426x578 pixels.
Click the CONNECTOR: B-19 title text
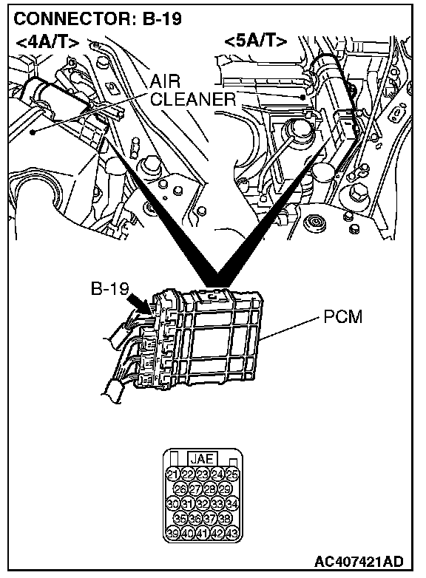[98, 18]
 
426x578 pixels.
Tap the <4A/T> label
[47, 42]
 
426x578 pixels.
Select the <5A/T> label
[256, 41]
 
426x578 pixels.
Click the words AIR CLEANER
[192, 90]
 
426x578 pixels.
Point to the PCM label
[343, 316]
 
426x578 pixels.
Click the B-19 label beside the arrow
[109, 289]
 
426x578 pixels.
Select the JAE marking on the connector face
[202, 459]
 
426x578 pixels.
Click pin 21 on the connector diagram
[172, 475]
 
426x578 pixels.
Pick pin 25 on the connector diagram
[231, 475]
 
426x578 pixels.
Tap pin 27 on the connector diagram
[195, 489]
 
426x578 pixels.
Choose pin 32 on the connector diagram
[202, 503]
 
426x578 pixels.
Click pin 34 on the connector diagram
[231, 503]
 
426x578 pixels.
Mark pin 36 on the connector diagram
[195, 519]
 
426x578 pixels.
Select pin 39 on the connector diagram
[172, 533]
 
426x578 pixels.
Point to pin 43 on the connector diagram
[231, 533]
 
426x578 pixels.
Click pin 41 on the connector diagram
[202, 533]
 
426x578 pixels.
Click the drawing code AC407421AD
[359, 562]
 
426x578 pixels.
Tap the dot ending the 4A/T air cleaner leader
[33, 132]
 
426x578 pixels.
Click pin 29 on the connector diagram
[224, 489]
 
